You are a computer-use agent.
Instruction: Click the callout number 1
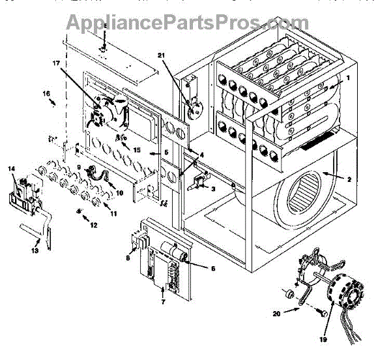(x=348, y=79)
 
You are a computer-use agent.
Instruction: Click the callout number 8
(x=127, y=258)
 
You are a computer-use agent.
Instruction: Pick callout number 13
(x=35, y=250)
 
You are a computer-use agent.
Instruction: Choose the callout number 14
(x=11, y=169)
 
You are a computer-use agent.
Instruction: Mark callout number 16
(x=47, y=95)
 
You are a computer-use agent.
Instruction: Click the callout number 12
(x=94, y=226)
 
